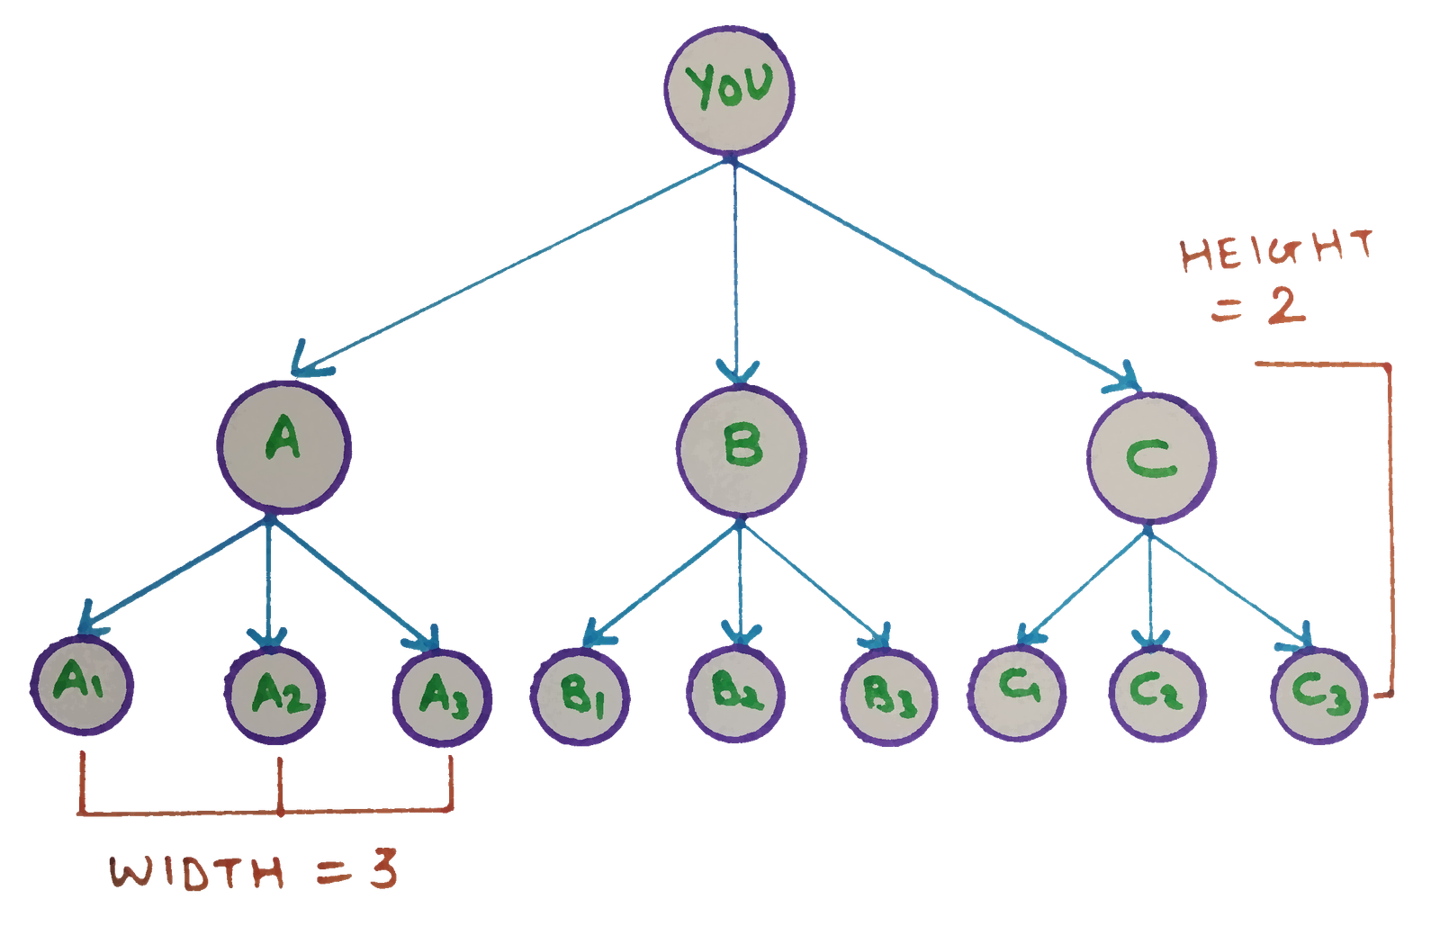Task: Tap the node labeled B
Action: tap(742, 450)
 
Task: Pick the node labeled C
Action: tap(1151, 458)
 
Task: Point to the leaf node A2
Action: tap(274, 694)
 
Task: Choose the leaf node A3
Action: tap(442, 697)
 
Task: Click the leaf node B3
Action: tap(888, 697)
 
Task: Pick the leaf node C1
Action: tap(1017, 690)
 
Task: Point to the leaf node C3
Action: tap(1318, 694)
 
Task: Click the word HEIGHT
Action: tap(1276, 252)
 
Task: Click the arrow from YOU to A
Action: tap(513, 266)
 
